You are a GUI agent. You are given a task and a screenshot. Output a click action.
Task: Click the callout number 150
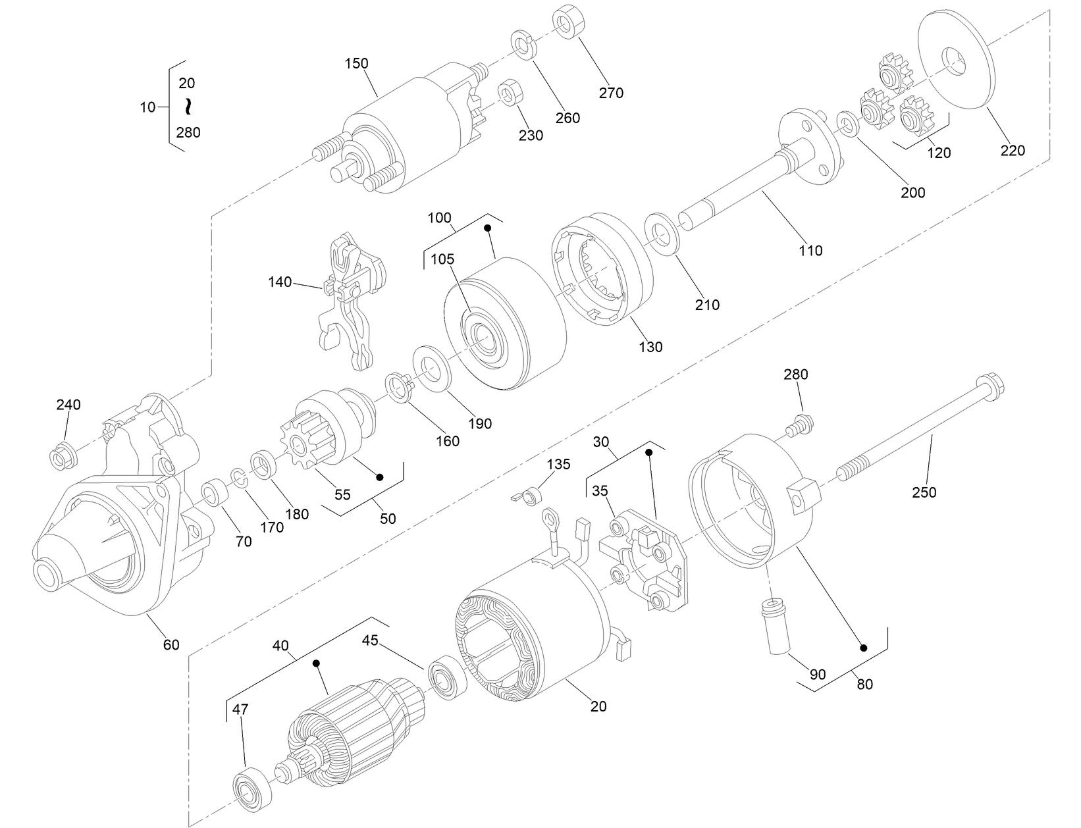tap(356, 64)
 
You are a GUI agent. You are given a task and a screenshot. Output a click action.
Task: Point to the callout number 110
tap(810, 250)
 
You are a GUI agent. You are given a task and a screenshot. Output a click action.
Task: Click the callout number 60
tap(171, 644)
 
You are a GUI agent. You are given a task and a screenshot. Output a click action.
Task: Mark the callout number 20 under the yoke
tap(598, 706)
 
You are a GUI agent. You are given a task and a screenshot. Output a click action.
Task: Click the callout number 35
tap(600, 491)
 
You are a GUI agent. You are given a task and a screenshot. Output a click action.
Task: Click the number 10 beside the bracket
tap(147, 107)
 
